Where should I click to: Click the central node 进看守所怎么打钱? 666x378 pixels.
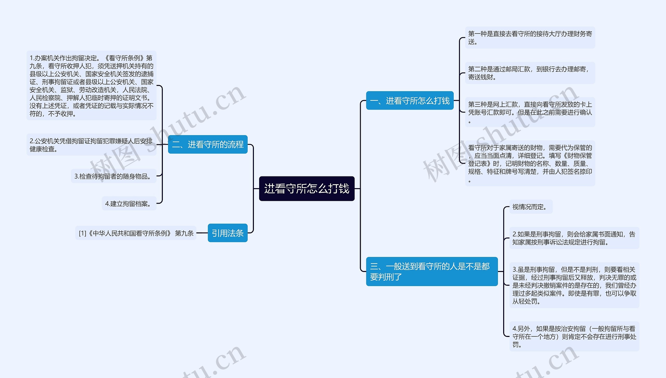tap(306, 189)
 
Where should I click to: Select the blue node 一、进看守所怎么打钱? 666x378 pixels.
tap(409, 101)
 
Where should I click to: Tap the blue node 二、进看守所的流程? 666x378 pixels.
tap(208, 144)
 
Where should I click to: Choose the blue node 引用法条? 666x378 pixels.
tap(227, 233)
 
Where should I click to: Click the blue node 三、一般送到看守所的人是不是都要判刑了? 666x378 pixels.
tap(432, 271)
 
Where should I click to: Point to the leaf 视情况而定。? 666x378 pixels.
tap(530, 207)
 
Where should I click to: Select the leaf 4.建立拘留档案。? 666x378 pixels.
tap(129, 204)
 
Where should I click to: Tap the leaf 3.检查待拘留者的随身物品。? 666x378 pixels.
tap(113, 176)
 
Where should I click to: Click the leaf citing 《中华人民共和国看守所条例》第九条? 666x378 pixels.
tap(136, 233)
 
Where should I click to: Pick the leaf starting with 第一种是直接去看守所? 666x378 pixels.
tap(530, 38)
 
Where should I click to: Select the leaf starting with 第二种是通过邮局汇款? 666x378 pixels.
tap(530, 73)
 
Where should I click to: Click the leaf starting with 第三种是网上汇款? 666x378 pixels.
tap(530, 112)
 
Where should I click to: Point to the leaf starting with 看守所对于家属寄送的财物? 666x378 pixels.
tap(530, 163)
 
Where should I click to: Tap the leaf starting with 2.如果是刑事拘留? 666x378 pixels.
tap(574, 238)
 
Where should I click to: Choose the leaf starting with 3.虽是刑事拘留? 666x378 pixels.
tap(574, 285)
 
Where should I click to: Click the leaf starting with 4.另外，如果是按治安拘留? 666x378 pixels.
tap(574, 336)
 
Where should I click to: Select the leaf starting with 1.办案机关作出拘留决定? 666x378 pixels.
tap(91, 85)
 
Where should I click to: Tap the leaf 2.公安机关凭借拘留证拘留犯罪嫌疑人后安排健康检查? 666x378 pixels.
tap(91, 145)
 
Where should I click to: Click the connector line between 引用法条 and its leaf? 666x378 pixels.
tap(202, 233)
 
